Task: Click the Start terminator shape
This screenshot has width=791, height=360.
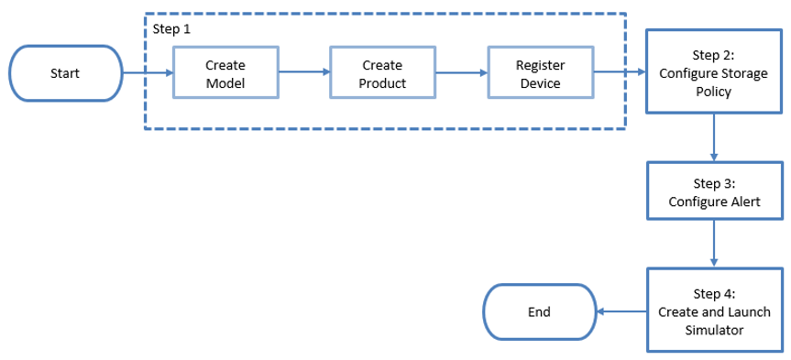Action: [x=64, y=72]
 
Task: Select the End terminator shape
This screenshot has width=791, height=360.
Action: [x=539, y=311]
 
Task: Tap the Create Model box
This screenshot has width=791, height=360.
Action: [x=225, y=73]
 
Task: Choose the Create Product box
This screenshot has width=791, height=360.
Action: [x=381, y=73]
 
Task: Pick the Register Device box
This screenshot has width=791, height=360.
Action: [x=540, y=73]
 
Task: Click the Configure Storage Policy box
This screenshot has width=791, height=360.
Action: [x=715, y=71]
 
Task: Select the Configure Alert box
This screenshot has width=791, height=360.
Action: [x=715, y=191]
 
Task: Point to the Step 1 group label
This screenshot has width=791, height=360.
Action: [x=172, y=28]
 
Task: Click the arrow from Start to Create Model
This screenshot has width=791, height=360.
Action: [x=146, y=72]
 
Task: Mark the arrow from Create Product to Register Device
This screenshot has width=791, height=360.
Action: [x=460, y=72]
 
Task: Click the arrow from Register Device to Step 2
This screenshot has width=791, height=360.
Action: [x=621, y=71]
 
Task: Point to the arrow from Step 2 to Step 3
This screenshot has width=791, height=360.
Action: [x=715, y=137]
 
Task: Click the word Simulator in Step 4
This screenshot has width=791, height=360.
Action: [x=715, y=329]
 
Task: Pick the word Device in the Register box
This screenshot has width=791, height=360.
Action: [x=540, y=83]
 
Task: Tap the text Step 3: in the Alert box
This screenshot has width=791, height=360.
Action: [x=715, y=182]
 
